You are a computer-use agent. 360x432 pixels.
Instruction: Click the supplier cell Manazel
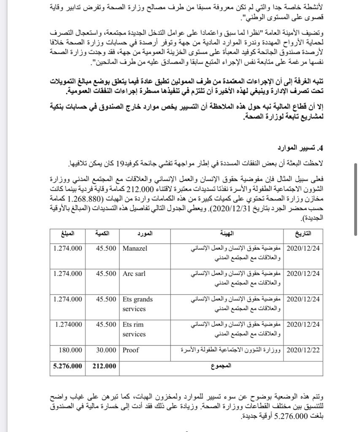135,248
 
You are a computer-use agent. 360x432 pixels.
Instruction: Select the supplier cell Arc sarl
134,274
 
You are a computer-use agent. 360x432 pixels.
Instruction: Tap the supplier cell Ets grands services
138,304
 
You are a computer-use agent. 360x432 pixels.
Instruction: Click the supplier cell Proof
131,350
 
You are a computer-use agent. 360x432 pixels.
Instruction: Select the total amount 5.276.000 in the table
68,366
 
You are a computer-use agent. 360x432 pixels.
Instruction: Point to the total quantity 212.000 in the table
104,366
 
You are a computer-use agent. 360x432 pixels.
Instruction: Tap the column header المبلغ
69,233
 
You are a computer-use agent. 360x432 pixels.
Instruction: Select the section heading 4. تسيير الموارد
300,148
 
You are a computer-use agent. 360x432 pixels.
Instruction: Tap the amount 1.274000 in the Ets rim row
69,324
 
